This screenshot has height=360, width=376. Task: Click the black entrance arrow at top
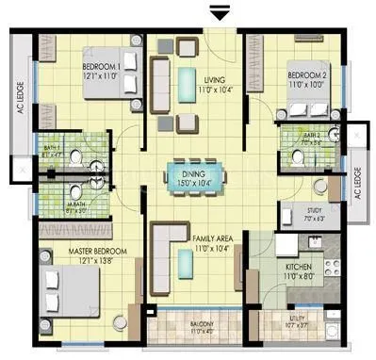point(220,11)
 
